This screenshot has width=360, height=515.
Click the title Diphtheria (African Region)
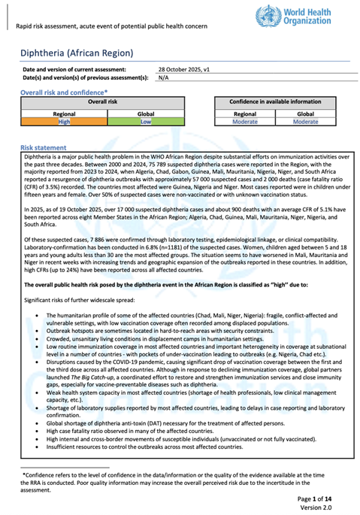pyautogui.click(x=78, y=53)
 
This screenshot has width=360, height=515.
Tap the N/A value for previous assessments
pyautogui.click(x=164, y=77)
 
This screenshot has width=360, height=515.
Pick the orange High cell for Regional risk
pyautogui.click(x=64, y=121)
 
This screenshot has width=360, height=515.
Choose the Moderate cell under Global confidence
pyautogui.click(x=305, y=121)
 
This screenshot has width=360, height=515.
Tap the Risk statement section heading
pyautogui.click(x=44, y=147)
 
